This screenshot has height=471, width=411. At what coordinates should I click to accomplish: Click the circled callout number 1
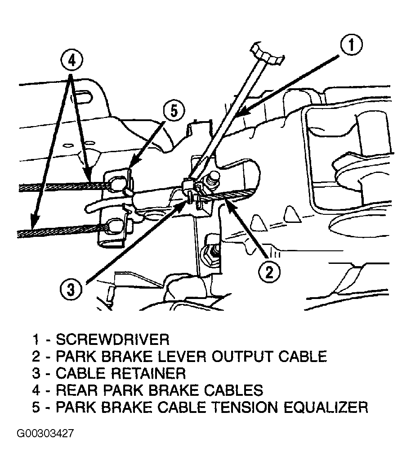[x=351, y=45]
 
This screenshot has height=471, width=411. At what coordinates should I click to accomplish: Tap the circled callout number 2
[x=269, y=272]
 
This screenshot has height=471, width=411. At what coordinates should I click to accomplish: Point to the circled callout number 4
[x=71, y=61]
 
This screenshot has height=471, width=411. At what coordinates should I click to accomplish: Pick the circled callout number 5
[x=174, y=111]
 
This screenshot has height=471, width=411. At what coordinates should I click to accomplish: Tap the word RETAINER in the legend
[x=148, y=373]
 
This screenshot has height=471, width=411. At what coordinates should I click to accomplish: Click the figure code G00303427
[x=45, y=434]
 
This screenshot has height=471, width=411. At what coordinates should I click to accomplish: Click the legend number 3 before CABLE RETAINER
[x=36, y=373]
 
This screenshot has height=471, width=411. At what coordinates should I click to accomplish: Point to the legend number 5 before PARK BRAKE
[x=36, y=408]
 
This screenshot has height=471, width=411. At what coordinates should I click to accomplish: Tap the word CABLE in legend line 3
[x=80, y=373]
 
